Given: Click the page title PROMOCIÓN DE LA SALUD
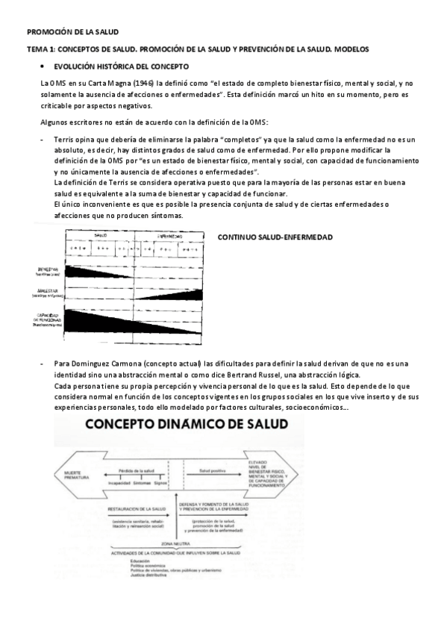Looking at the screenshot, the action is tap(72, 32).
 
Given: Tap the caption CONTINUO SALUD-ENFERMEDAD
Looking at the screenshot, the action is tap(275, 237).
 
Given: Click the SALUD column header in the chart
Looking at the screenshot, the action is tap(101, 235).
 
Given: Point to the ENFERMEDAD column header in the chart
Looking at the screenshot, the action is tap(170, 235).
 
